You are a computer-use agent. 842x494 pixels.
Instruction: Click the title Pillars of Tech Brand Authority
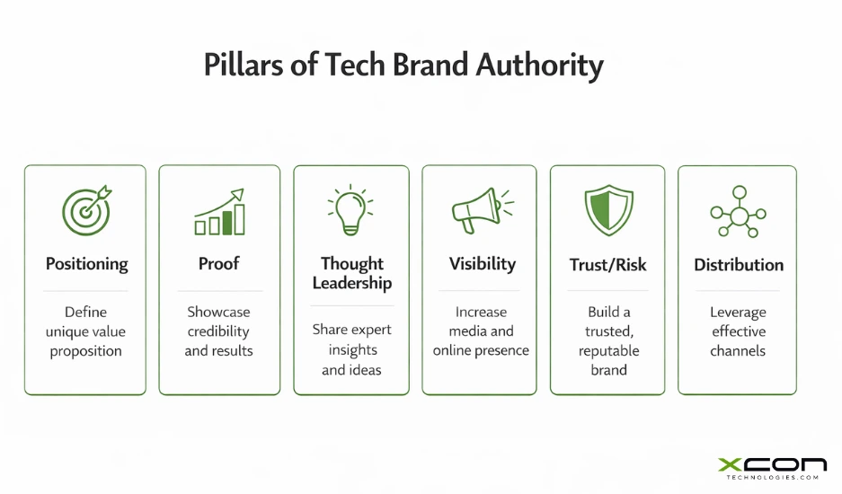403,66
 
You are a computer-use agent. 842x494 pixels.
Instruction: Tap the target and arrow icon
86,211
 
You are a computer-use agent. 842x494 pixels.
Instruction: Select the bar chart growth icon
219,212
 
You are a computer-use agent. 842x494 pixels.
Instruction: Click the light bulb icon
350,210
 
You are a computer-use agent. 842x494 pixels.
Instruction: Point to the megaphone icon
479,211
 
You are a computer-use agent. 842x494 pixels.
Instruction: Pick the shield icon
607,211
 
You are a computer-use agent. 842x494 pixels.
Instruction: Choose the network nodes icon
738,213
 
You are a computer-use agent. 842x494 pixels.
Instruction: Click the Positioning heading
86,264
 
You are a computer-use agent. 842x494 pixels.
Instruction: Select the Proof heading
219,264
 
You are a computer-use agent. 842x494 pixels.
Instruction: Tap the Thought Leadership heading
351,274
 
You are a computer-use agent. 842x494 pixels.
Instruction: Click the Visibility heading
482,264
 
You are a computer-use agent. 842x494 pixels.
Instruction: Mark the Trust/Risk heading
607,265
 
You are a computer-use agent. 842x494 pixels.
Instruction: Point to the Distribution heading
738,265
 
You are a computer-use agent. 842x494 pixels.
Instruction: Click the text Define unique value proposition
86,331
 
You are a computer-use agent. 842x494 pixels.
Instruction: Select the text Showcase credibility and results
219,331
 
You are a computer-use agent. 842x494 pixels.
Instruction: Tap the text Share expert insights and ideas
351,350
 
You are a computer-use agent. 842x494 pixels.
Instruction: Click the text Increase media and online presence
481,331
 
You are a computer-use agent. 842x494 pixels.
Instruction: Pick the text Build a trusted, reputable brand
607,340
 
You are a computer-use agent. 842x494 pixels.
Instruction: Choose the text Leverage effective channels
738,331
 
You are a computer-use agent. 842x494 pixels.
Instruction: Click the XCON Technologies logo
772,469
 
